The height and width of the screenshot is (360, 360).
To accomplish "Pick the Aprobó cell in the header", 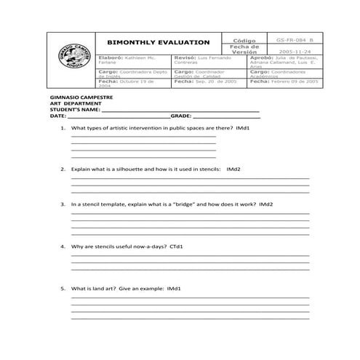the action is [284, 61].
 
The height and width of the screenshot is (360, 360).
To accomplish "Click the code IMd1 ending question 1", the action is [241, 128].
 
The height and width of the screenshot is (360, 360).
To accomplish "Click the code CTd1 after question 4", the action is [175, 247].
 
